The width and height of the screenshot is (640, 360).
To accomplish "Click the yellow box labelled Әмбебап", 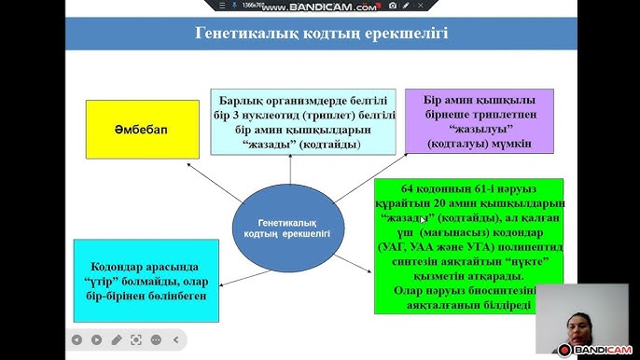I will (143, 129).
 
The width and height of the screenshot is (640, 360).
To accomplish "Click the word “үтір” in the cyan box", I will (115, 280).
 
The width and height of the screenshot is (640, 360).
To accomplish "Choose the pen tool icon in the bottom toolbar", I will (117, 339).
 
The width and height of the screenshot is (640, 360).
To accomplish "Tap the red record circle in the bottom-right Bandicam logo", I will (565, 351).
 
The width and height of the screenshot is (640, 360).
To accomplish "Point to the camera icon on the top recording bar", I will (393, 7).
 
